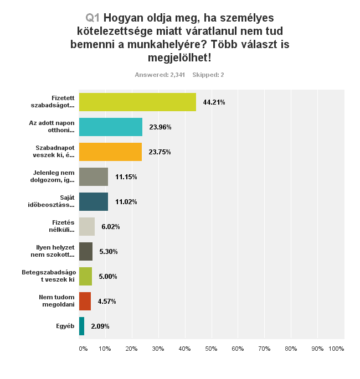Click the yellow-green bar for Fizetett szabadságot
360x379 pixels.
137,102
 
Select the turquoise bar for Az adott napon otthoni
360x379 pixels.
111,127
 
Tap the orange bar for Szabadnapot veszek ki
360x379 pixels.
110,152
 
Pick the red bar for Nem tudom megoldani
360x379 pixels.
85,301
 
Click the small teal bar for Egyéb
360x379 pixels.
82,326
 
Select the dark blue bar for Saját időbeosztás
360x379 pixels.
94,201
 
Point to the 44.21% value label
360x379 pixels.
214,102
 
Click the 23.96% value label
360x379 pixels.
160,127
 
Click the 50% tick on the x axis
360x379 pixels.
211,349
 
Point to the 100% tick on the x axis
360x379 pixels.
336,349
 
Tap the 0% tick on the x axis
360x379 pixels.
83,349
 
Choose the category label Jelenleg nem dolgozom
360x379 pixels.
54,176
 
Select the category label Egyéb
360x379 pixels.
65,326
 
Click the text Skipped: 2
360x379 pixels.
208,75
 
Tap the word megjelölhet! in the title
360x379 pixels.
180,57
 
